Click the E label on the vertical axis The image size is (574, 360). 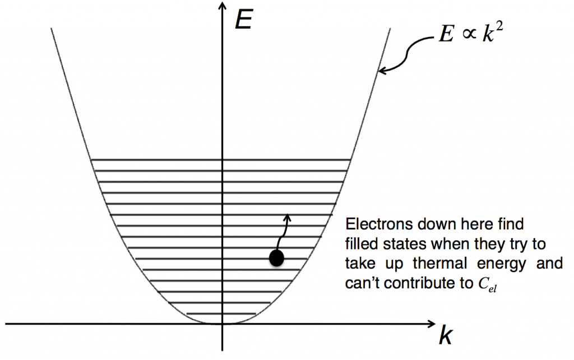pyautogui.click(x=243, y=19)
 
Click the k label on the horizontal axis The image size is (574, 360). pyautogui.click(x=446, y=335)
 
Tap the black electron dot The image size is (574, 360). pyautogui.click(x=276, y=258)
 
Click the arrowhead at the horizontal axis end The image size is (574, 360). pyautogui.click(x=431, y=324)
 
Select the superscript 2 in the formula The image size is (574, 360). pyautogui.click(x=499, y=27)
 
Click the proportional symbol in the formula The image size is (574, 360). pyautogui.click(x=469, y=34)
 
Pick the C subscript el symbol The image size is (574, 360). pyautogui.click(x=487, y=284)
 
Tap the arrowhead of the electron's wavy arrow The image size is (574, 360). pyautogui.click(x=288, y=218)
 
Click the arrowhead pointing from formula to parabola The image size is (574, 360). pyautogui.click(x=382, y=71)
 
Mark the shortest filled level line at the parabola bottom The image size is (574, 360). pyautogui.click(x=221, y=313)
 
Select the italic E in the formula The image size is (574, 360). pyautogui.click(x=447, y=34)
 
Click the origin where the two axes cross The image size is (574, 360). pyautogui.click(x=222, y=324)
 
